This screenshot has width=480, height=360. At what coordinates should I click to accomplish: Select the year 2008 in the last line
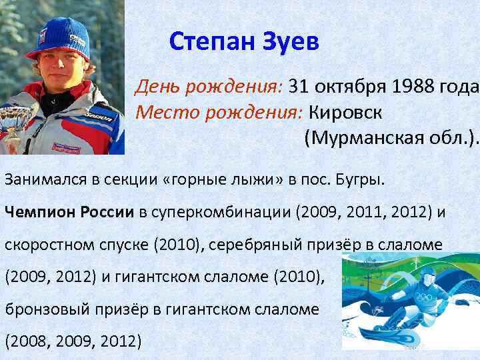point(27,342)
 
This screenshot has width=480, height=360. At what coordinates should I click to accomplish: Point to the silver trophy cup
point(9,120)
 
